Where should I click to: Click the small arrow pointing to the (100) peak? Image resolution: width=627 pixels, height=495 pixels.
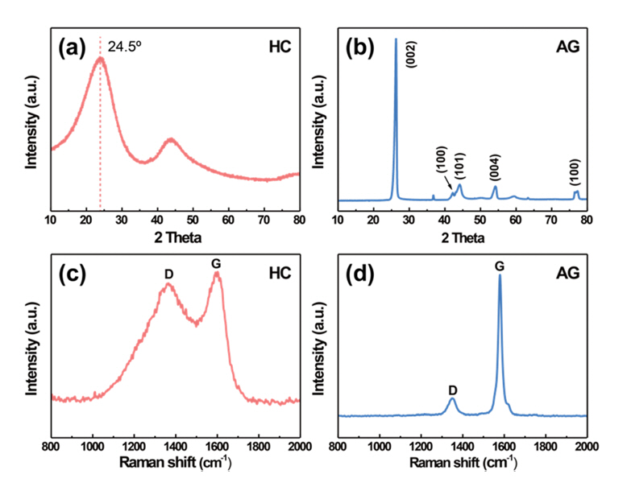click(448, 187)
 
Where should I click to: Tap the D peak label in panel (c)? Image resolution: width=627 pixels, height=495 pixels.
click(168, 274)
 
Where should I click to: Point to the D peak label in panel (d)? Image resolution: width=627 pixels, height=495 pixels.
click(453, 390)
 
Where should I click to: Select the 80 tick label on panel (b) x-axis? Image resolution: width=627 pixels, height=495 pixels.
click(586, 219)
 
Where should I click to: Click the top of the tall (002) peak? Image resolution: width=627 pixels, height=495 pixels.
click(396, 40)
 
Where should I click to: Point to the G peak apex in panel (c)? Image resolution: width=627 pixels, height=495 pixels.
click(217, 274)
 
